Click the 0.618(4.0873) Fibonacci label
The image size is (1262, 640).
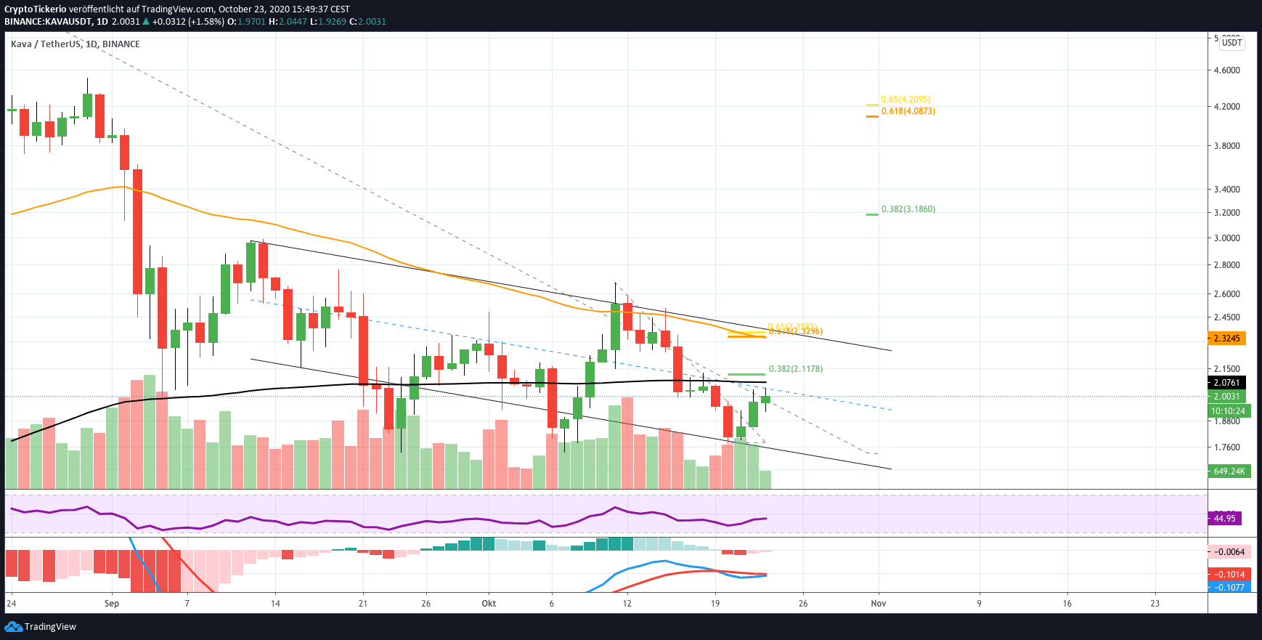point(908,111)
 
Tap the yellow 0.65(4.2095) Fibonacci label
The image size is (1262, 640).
point(905,100)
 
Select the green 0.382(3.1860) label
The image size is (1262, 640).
point(908,209)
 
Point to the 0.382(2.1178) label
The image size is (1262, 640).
point(795,369)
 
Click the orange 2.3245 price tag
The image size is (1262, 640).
point(1226,339)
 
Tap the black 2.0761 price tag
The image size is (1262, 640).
point(1226,383)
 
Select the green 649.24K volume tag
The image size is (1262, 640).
point(1229,471)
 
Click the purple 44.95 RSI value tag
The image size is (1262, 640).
point(1224,519)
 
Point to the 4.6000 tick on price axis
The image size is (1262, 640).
point(1226,70)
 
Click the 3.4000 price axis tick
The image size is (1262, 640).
point(1226,190)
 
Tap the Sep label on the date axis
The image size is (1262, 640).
point(112,604)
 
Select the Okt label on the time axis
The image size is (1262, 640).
point(489,604)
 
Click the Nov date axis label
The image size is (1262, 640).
point(879,604)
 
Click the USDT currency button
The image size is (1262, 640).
point(1232,43)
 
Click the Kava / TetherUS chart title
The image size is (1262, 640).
point(76,44)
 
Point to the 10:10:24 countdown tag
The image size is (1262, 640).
point(1228,411)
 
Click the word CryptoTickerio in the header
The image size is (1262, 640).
point(36,9)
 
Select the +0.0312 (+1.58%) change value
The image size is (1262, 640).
point(188,22)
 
